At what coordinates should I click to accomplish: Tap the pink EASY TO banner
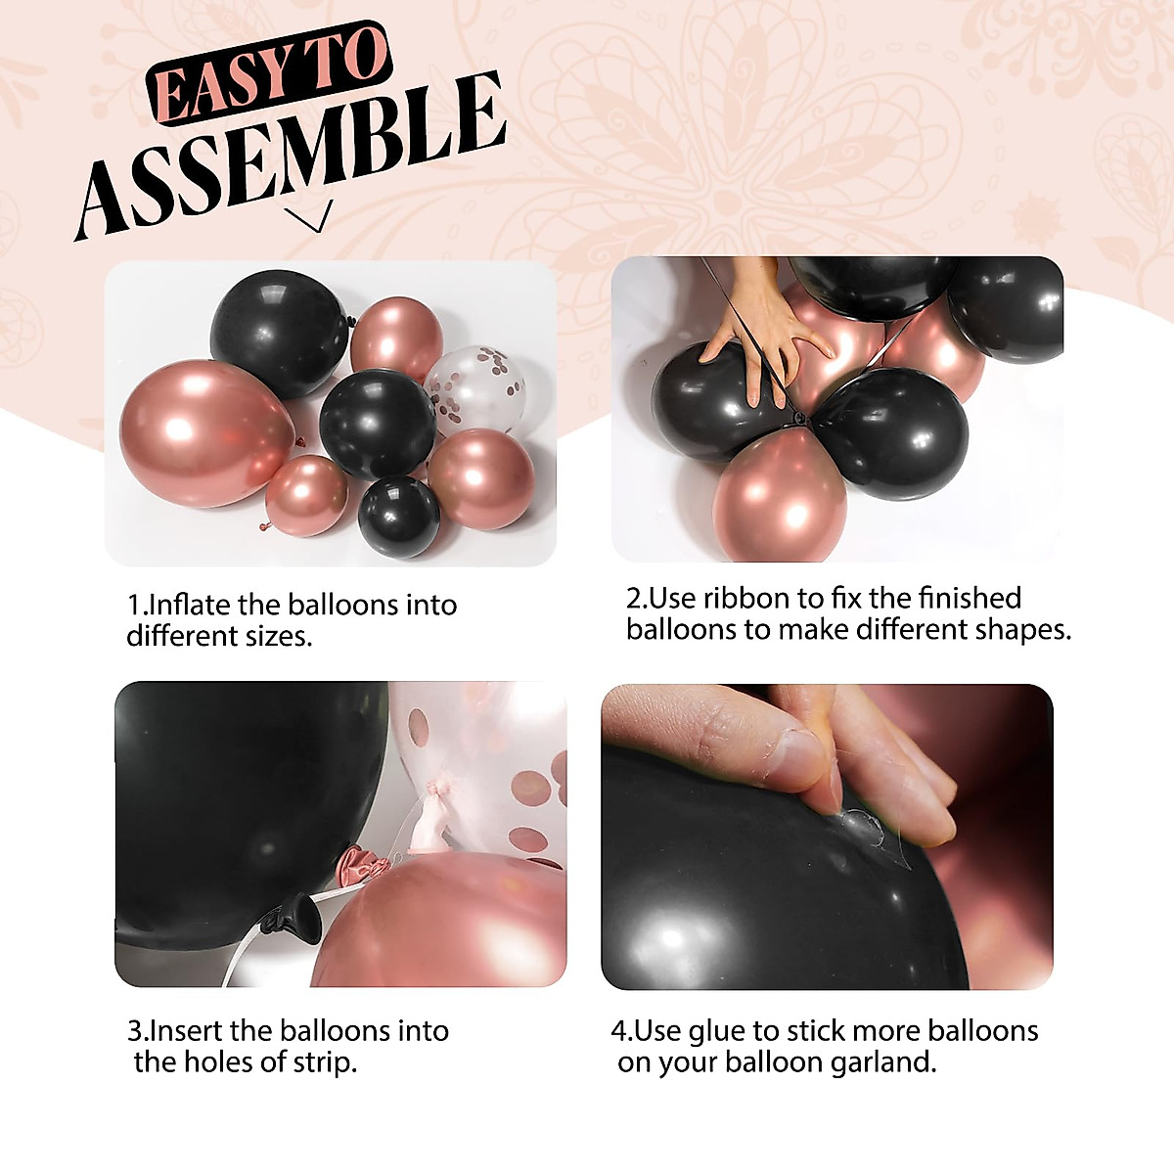point(269,73)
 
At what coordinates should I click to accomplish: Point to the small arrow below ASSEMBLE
point(311,217)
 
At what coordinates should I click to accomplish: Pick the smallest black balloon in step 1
point(398,517)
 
